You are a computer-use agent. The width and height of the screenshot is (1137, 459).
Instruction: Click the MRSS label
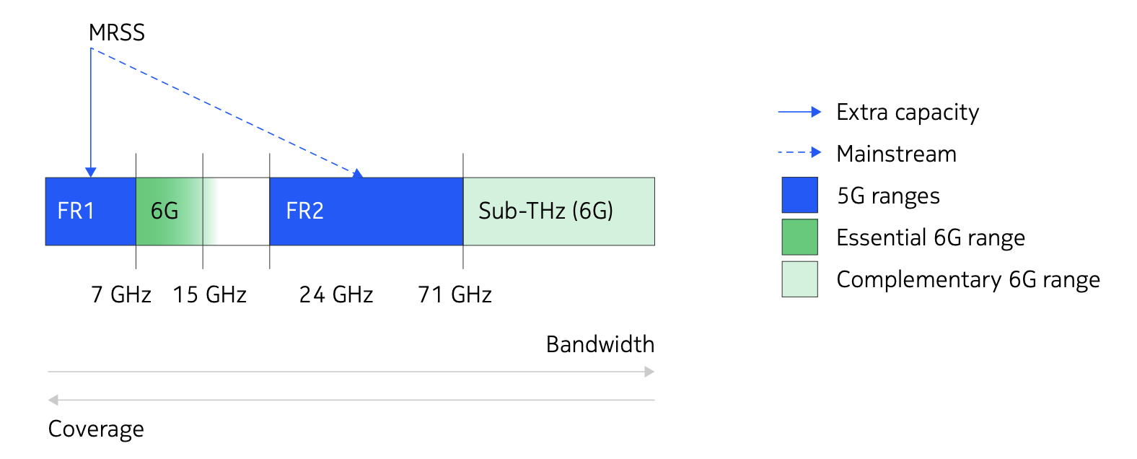point(116,32)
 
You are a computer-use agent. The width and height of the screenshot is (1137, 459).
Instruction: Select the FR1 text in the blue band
point(76,211)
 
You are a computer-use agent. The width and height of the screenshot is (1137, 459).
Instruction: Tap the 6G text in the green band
point(164,211)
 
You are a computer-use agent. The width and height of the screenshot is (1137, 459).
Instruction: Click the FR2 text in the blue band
point(304,211)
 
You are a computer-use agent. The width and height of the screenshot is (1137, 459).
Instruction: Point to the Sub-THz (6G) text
point(545,211)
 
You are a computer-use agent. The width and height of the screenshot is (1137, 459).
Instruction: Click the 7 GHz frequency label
point(120,294)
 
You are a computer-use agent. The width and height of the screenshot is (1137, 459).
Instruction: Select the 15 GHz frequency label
point(210,294)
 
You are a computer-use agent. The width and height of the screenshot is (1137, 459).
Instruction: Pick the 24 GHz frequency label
point(336,294)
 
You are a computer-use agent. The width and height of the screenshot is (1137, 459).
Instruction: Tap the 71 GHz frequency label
point(455,294)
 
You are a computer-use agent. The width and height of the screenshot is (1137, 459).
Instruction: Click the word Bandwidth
point(600,344)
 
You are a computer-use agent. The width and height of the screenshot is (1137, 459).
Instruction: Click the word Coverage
point(96,429)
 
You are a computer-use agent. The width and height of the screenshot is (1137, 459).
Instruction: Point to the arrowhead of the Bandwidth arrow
point(649,372)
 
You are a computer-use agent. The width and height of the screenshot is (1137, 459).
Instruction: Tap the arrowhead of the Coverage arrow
point(53,400)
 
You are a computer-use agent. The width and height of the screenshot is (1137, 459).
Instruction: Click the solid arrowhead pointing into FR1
point(91,172)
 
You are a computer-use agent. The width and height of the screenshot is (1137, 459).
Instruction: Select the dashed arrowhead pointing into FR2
point(358,174)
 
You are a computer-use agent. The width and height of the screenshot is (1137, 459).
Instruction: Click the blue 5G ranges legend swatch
point(799,195)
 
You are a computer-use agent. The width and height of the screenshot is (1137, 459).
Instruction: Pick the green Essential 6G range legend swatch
point(799,237)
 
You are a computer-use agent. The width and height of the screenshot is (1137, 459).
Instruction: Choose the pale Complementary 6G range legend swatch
point(799,279)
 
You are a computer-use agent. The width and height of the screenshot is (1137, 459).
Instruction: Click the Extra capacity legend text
point(908,113)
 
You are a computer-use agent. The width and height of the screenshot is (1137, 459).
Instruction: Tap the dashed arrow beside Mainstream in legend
point(799,152)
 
